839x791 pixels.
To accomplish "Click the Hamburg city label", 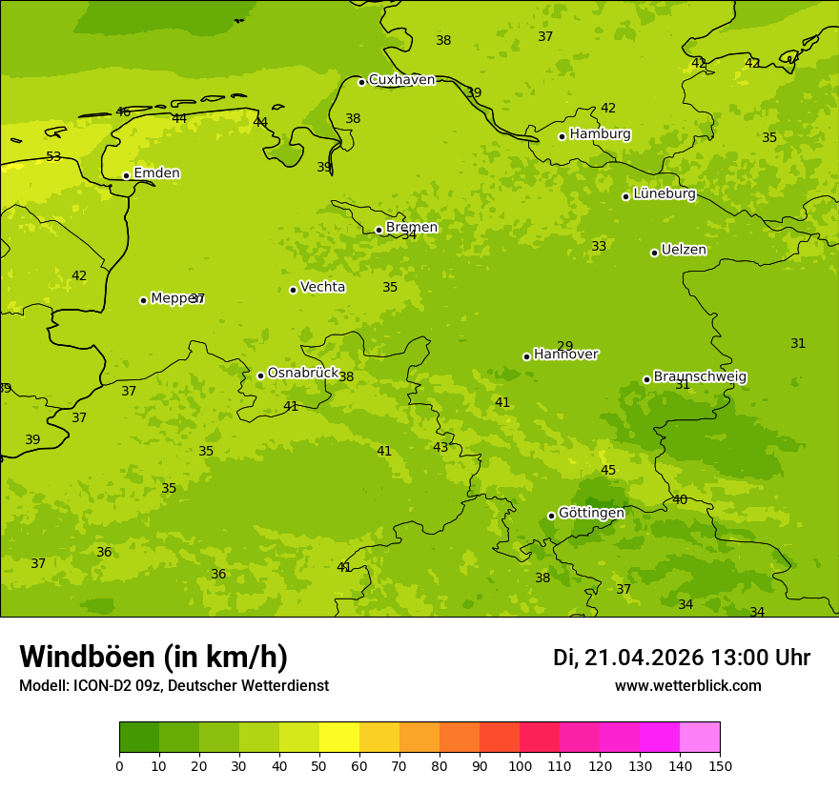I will point(600,134).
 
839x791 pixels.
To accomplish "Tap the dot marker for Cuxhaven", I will point(361,82).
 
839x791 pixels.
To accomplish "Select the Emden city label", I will point(156,173).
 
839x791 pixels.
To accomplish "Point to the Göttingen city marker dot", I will point(551,516).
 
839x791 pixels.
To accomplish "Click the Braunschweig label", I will point(700,377).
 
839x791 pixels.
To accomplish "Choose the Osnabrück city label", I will point(303,374).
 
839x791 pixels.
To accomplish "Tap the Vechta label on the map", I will point(322,287).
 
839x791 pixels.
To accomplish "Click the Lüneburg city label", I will point(664,194).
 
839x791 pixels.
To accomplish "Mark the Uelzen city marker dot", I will point(654,253).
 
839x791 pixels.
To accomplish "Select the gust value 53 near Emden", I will point(53,157).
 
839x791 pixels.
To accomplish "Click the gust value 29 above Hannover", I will point(565,347).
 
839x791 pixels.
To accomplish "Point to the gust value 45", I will point(608,471).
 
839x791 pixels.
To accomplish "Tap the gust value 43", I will point(440,448).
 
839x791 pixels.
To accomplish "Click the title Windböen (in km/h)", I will point(153,657).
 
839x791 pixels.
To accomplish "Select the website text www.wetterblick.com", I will point(687,686).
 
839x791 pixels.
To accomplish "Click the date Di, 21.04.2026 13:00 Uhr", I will point(682,658).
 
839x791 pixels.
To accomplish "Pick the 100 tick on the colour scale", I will point(520,765).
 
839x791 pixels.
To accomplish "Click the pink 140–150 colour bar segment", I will point(700,738).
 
